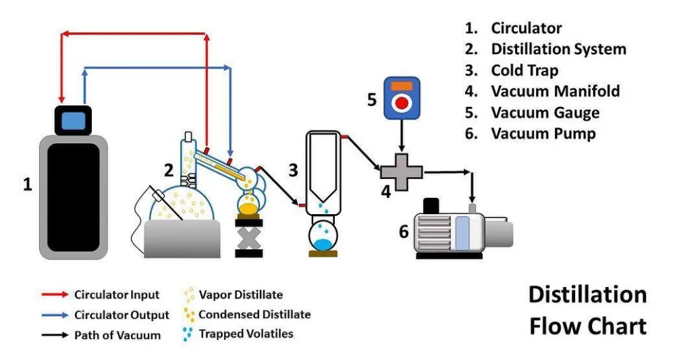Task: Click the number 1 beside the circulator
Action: (28, 184)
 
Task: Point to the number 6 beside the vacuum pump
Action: (404, 232)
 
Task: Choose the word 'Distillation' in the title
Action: (587, 295)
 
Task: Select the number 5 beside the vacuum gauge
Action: (371, 100)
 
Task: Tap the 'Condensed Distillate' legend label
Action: (254, 314)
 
